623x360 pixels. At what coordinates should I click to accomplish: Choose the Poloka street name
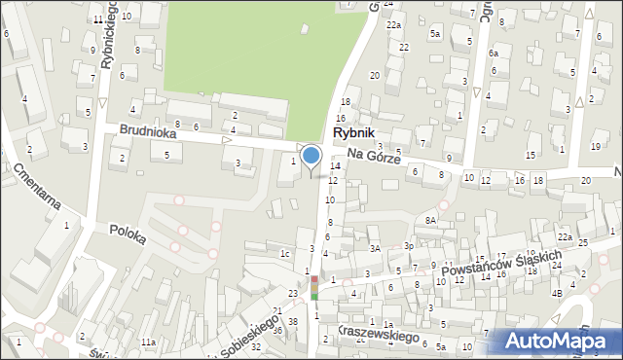point(127,235)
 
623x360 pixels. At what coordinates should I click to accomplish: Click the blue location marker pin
point(311,157)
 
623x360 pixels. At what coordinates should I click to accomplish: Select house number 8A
point(431,221)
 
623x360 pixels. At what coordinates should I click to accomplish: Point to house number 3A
point(375,249)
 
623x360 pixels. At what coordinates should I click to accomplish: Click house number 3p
point(409,247)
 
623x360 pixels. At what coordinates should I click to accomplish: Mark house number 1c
point(285,254)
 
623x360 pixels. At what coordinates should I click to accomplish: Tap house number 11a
point(147,342)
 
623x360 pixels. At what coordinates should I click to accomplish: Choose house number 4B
point(557,293)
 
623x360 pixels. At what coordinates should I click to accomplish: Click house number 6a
point(494,54)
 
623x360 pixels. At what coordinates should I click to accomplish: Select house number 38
point(292,321)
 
